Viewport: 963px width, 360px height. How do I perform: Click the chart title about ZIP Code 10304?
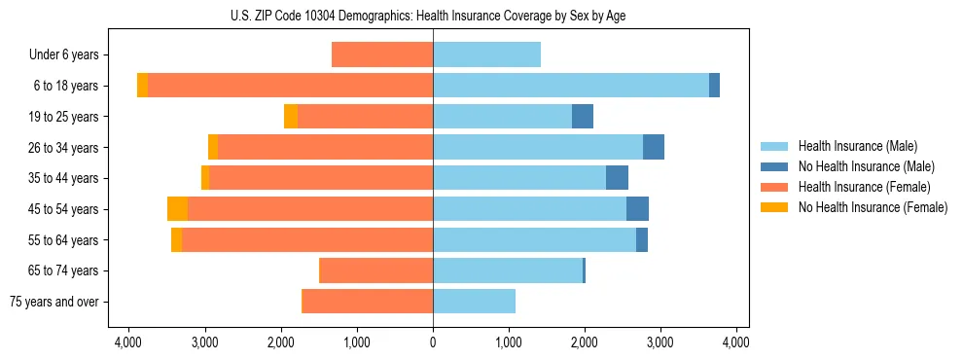(432, 15)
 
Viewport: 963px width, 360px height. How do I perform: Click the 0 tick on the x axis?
(433, 342)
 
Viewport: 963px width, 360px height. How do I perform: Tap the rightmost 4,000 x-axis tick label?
(736, 342)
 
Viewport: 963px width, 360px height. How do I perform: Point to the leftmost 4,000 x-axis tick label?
(129, 342)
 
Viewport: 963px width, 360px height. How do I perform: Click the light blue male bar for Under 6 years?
(486, 54)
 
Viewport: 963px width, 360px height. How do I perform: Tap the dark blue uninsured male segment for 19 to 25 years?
(582, 117)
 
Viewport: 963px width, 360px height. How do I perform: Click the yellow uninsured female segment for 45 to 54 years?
(177, 209)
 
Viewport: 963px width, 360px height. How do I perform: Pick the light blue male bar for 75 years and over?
(474, 302)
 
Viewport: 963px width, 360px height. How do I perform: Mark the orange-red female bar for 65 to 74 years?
(375, 270)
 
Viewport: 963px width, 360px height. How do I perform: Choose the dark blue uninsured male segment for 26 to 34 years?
(654, 147)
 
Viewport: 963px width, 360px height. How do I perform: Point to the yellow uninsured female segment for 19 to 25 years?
(291, 117)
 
